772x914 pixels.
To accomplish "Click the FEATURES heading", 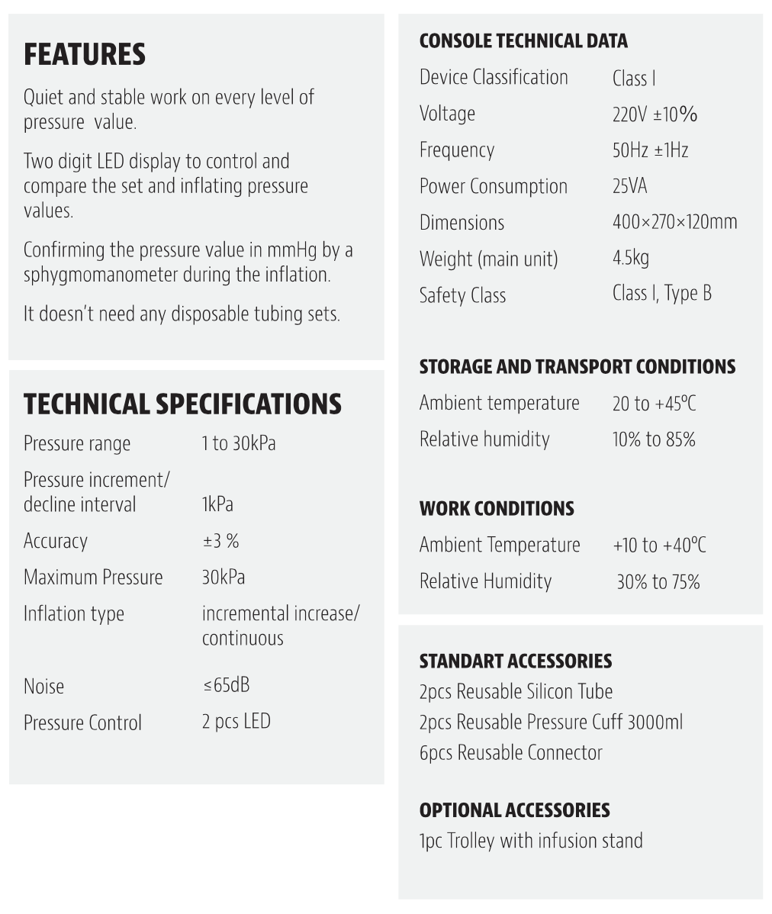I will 84,55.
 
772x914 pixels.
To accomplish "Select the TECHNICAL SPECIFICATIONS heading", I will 182,404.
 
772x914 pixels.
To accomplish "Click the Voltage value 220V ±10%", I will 655,114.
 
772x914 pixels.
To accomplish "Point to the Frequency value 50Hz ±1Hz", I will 650,150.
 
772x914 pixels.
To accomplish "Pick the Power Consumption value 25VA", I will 629,186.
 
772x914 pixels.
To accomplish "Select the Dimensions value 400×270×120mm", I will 674,222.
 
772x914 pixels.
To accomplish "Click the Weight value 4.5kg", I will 630,258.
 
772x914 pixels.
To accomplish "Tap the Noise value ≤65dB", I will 226,685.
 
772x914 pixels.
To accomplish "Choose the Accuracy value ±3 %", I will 220,541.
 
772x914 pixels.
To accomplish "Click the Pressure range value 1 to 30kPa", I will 238,443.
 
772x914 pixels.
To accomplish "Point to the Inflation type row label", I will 73,614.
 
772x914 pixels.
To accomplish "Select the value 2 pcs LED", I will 236,722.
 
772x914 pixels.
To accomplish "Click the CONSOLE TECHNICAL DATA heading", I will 523,41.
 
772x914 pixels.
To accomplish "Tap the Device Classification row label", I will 494,77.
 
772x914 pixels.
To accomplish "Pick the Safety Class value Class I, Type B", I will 661,294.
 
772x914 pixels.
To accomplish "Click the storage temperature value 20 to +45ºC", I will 654,403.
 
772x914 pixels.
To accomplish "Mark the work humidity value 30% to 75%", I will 658,582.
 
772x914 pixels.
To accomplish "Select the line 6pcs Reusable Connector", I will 510,753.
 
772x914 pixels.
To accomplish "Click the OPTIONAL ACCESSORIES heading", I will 514,810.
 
